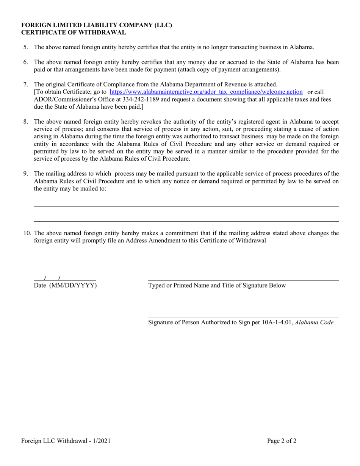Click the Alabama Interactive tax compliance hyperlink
click(x=206, y=92)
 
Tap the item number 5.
click(x=25, y=47)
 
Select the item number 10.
click(x=27, y=233)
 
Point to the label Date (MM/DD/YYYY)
click(x=65, y=286)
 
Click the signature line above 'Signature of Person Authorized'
click(x=243, y=317)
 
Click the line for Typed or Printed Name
click(x=243, y=280)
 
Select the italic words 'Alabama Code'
click(x=314, y=323)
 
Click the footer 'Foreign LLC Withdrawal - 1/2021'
click(x=66, y=441)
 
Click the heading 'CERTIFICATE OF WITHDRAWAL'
click(x=74, y=33)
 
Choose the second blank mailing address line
click(x=186, y=221)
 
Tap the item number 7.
click(x=25, y=84)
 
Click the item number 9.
click(x=25, y=174)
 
